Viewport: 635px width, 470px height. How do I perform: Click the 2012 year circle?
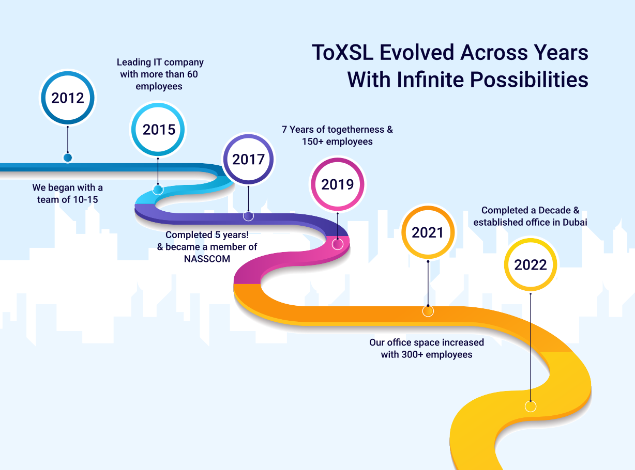tap(68, 98)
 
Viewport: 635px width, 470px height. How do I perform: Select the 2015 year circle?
tap(159, 129)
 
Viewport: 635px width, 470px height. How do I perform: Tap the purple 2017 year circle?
tap(248, 160)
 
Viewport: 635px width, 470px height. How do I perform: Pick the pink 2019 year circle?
tap(337, 184)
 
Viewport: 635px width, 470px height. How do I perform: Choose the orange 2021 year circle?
tap(428, 232)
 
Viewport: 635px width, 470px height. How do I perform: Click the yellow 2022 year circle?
tap(530, 265)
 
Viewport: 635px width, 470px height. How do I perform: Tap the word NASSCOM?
tap(207, 259)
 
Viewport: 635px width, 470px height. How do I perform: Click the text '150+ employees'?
tap(337, 142)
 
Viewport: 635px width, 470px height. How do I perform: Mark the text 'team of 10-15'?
tap(67, 199)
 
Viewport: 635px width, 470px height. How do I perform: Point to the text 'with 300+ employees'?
tap(427, 355)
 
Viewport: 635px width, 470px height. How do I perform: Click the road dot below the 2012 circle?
tap(68, 158)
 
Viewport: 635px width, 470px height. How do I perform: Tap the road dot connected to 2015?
tap(158, 190)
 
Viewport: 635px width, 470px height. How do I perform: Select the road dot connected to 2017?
tap(248, 216)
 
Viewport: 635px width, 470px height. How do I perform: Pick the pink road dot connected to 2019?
tap(337, 244)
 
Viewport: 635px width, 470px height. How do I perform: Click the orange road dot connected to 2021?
tap(428, 311)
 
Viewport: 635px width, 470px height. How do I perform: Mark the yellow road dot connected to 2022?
tap(530, 406)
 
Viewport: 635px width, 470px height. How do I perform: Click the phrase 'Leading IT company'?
tap(160, 62)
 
